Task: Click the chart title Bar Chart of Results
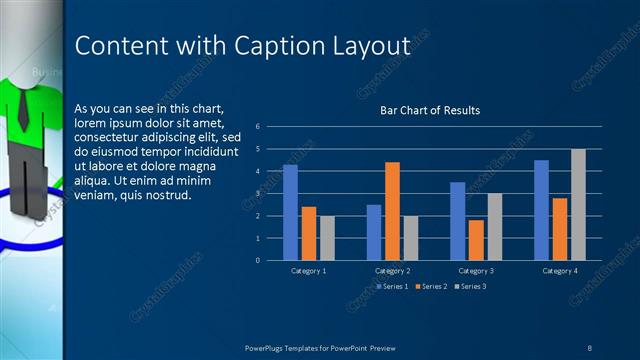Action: click(430, 110)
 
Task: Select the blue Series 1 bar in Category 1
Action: click(290, 212)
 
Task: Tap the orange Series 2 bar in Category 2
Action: click(392, 210)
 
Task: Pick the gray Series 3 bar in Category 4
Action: click(578, 204)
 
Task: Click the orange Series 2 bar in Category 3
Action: click(476, 240)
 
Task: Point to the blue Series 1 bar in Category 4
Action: click(541, 210)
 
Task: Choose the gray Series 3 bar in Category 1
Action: click(327, 238)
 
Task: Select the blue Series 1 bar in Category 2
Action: click(374, 232)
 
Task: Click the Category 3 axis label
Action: click(476, 271)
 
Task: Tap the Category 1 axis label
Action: click(308, 271)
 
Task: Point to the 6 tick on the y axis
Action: click(258, 127)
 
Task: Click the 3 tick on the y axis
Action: click(258, 194)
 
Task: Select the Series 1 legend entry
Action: click(392, 287)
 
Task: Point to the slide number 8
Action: click(590, 346)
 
